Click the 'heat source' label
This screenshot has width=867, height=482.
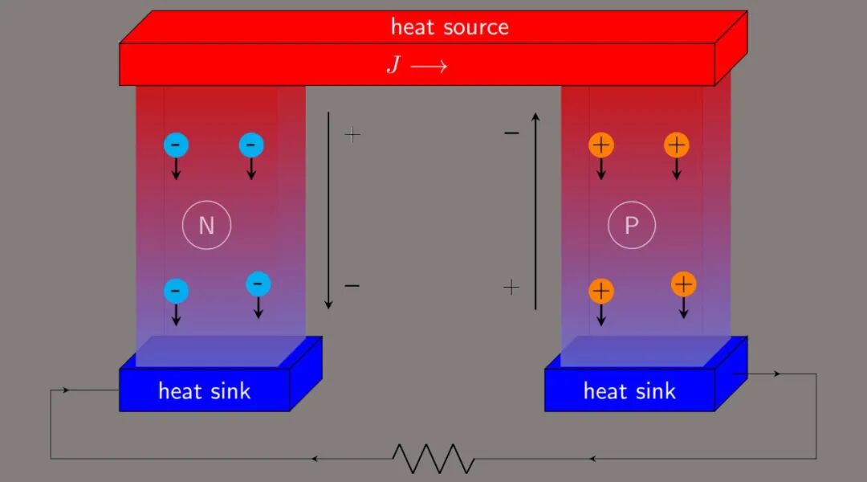(x=450, y=27)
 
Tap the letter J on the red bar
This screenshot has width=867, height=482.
(x=393, y=65)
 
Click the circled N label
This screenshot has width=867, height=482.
(x=206, y=225)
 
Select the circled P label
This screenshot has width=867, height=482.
(x=632, y=225)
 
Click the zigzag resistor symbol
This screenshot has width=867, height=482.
(x=433, y=458)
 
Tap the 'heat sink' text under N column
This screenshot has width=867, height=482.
(x=204, y=391)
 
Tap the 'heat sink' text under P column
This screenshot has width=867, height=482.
(x=629, y=391)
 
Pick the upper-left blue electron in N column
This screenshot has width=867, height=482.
(x=176, y=145)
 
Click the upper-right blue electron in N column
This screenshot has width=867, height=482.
(x=251, y=145)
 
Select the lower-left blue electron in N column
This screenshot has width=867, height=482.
(x=176, y=290)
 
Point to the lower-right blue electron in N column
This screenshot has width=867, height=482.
(x=258, y=283)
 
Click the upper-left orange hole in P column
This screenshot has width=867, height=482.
(x=600, y=145)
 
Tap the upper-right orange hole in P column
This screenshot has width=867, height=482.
(x=677, y=145)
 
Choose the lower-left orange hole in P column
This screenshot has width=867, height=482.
(x=600, y=290)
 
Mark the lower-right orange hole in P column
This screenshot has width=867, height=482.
(x=683, y=284)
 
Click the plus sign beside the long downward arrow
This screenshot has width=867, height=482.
(x=352, y=134)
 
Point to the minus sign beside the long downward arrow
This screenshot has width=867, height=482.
(x=352, y=286)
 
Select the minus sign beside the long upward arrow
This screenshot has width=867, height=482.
(x=511, y=133)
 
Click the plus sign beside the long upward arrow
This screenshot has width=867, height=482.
(x=511, y=287)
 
